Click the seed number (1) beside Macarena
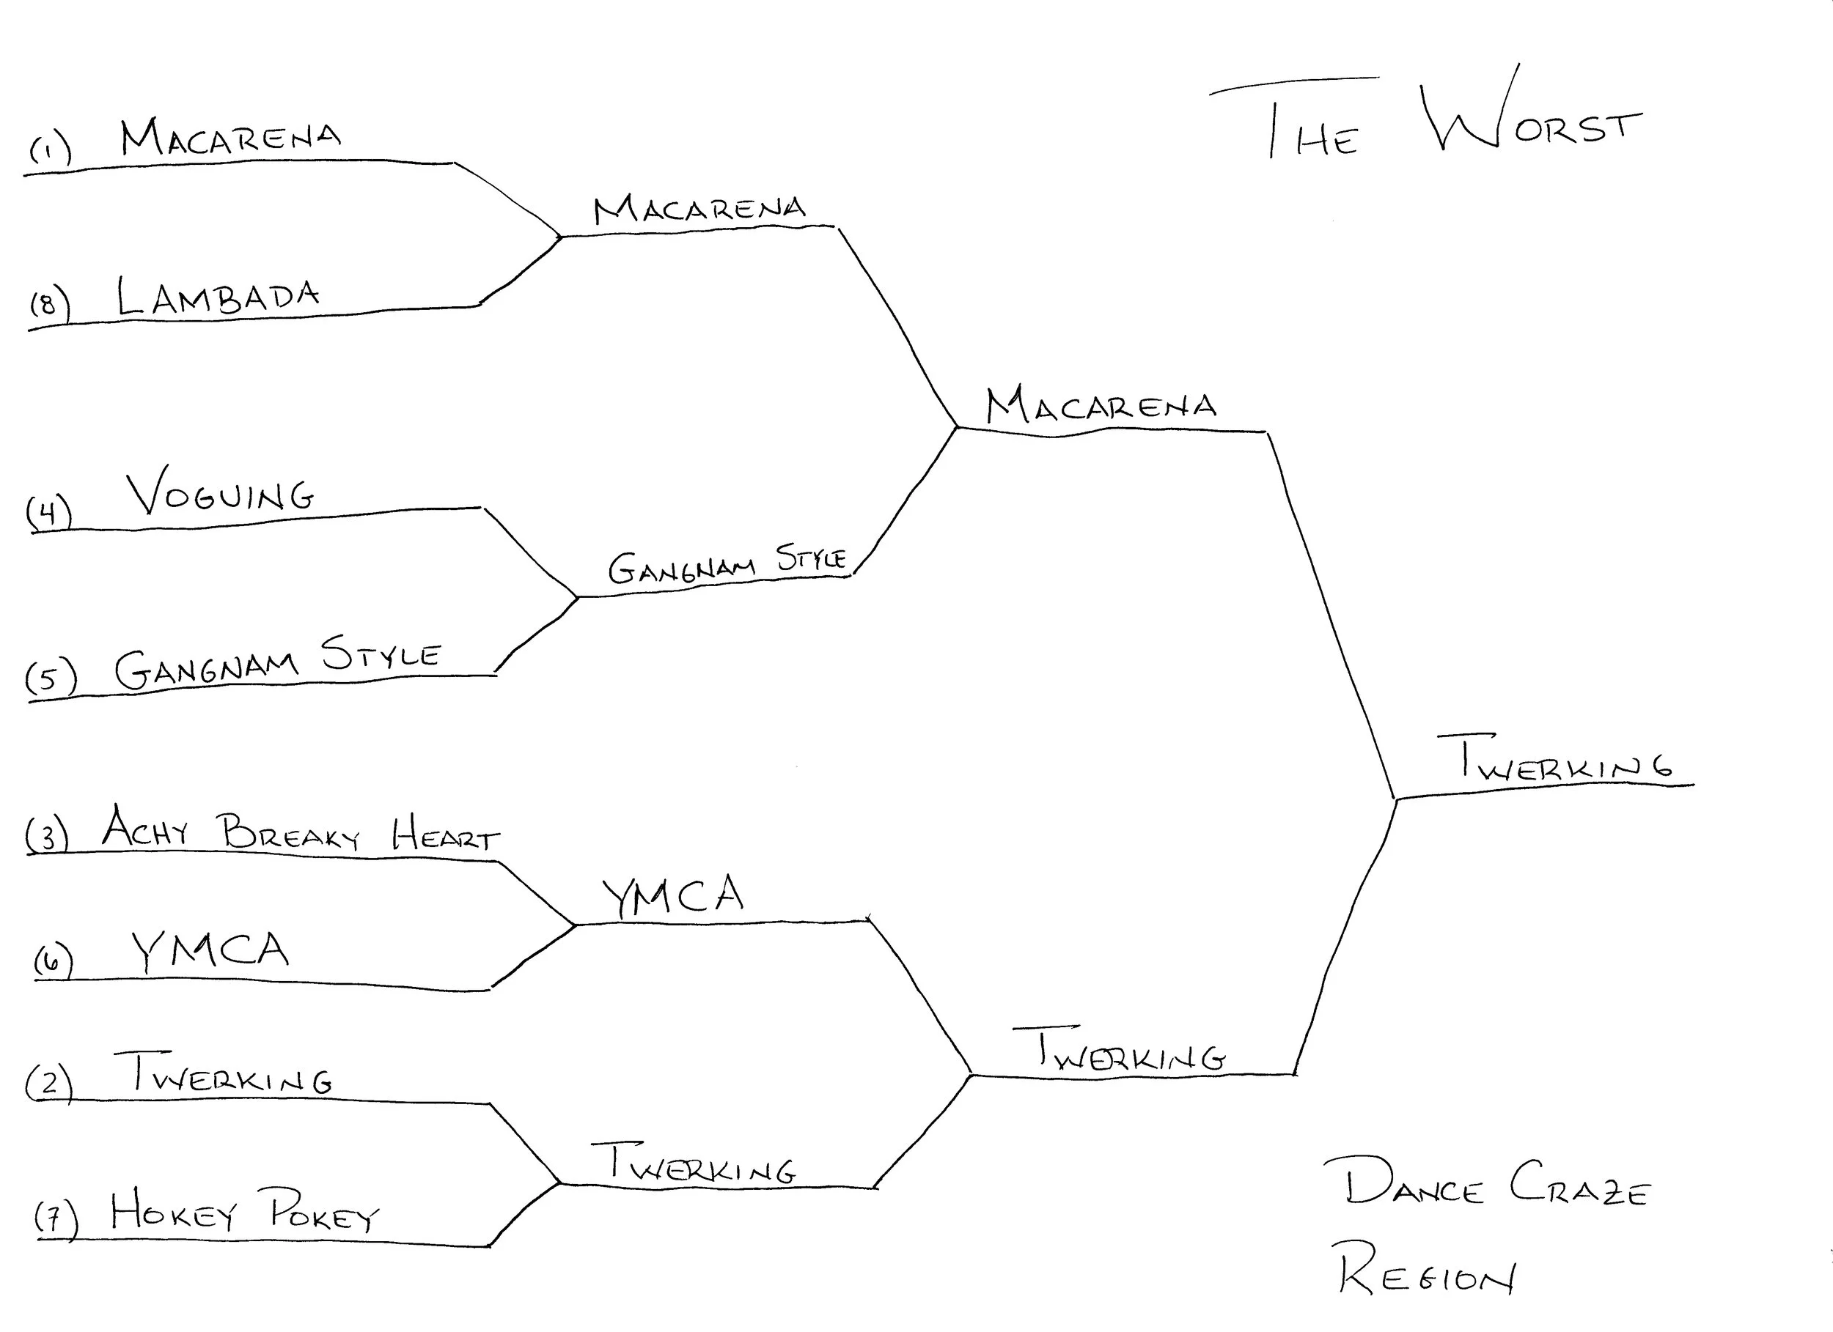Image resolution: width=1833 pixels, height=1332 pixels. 50,150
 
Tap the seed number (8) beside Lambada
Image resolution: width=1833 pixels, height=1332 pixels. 49,306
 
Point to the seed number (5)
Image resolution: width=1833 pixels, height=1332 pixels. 50,677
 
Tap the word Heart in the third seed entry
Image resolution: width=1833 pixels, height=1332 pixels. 444,835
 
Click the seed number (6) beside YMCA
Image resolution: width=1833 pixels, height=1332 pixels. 54,961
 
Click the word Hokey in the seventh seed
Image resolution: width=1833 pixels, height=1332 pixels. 173,1211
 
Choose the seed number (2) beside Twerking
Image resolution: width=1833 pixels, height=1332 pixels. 48,1082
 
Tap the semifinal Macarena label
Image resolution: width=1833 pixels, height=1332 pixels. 1101,405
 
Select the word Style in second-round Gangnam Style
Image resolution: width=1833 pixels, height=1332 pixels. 811,558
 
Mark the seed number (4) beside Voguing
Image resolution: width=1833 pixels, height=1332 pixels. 48,512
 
